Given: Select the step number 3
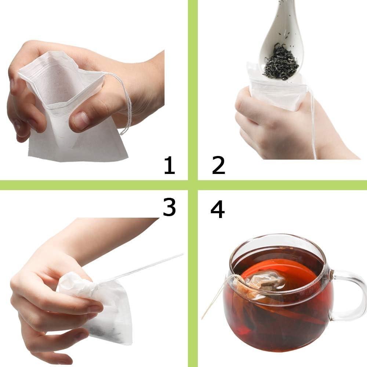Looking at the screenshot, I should (169, 208).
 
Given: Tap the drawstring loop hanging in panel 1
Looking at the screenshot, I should (127, 110).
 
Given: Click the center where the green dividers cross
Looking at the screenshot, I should (193, 185).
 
